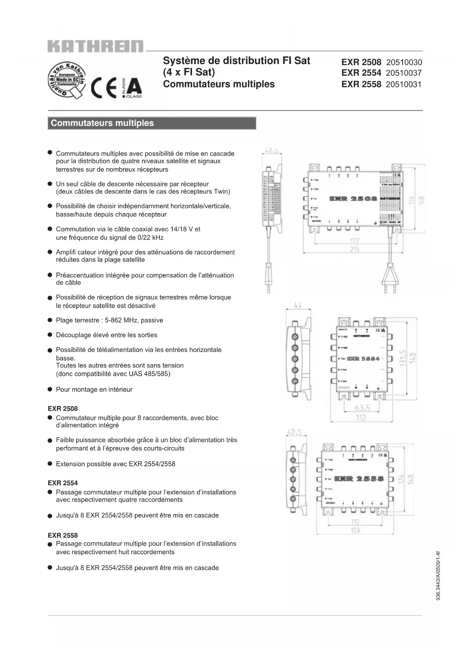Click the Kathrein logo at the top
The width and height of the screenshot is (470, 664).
95,46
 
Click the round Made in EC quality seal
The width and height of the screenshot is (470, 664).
67,80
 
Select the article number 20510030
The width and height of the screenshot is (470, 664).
404,62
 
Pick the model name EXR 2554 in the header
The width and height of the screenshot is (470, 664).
361,73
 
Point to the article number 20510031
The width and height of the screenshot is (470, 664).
403,84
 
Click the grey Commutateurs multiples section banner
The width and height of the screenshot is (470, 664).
151,123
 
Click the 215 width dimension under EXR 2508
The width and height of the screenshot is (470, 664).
354,249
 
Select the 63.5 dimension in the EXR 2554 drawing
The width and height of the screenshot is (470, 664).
362,408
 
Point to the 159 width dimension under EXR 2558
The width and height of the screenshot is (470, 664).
355,530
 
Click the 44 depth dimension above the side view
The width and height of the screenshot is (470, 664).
298,306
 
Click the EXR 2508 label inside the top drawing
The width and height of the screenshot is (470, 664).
353,199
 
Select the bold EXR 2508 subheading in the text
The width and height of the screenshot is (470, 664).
63,408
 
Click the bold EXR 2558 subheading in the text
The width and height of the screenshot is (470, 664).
63,535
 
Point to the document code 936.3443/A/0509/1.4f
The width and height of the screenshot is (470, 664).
438,575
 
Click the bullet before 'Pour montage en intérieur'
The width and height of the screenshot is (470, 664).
50,389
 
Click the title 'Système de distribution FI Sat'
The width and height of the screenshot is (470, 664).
236,61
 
